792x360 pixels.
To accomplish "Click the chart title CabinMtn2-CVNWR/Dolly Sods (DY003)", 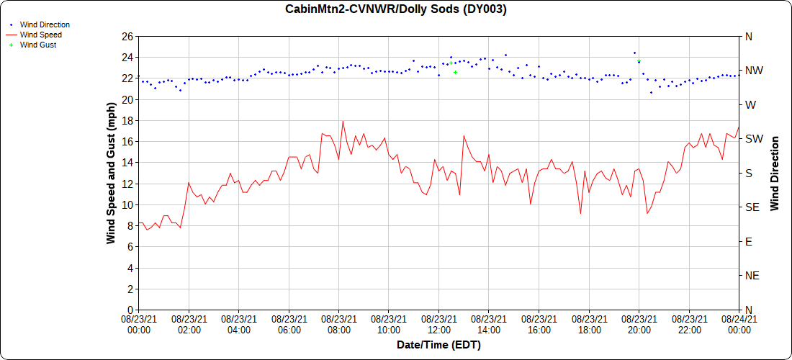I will point(395,9).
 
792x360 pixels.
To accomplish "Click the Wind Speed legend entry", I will point(40,35).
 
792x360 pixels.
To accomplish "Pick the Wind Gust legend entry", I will point(38,45).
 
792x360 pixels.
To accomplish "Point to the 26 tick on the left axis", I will point(127,36).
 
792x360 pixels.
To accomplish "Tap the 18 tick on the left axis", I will point(127,120).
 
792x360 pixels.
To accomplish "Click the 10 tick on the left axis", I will point(127,204).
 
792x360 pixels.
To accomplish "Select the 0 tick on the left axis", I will point(130,310).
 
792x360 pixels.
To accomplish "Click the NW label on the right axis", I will point(752,71).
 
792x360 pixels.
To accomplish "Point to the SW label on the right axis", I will point(752,139).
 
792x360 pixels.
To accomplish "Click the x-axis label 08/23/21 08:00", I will point(339,324).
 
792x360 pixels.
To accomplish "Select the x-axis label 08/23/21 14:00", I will point(489,324).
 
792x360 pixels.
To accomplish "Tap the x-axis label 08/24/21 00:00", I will point(739,324).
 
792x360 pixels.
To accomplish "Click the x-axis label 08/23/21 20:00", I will point(639,324).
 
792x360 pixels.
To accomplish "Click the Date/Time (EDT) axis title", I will point(438,345).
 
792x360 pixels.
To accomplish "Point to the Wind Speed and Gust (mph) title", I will point(111,173).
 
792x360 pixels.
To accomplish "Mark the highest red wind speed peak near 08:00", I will point(343,121).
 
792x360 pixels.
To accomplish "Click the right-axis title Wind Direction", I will point(775,173).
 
